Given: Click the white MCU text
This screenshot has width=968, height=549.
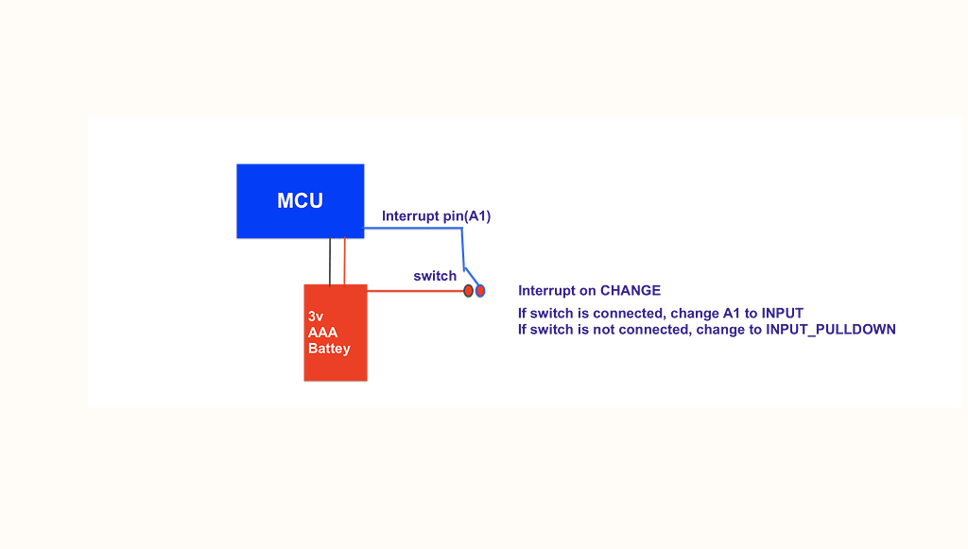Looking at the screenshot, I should pyautogui.click(x=300, y=200).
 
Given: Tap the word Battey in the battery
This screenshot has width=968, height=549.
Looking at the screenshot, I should pyautogui.click(x=329, y=349).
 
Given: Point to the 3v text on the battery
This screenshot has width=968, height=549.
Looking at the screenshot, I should pyautogui.click(x=317, y=317).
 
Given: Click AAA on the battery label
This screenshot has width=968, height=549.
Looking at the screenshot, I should pyautogui.click(x=322, y=333).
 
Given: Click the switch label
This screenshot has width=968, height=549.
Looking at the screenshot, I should pyautogui.click(x=435, y=276).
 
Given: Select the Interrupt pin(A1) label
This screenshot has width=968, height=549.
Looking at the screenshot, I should pyautogui.click(x=437, y=216).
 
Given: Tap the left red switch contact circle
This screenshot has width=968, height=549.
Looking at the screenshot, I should pyautogui.click(x=468, y=292).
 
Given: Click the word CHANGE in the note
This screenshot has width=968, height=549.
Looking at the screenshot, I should pyautogui.click(x=631, y=290).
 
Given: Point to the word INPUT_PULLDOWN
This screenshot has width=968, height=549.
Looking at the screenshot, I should pyautogui.click(x=831, y=329).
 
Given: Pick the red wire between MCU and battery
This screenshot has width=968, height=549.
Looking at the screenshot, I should pyautogui.click(x=345, y=261).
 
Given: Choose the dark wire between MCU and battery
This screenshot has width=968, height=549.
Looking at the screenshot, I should pyautogui.click(x=330, y=261).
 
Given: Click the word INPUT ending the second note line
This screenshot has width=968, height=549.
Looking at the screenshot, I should pyautogui.click(x=782, y=312).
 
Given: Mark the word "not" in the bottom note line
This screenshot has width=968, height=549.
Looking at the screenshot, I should pyautogui.click(x=601, y=329).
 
